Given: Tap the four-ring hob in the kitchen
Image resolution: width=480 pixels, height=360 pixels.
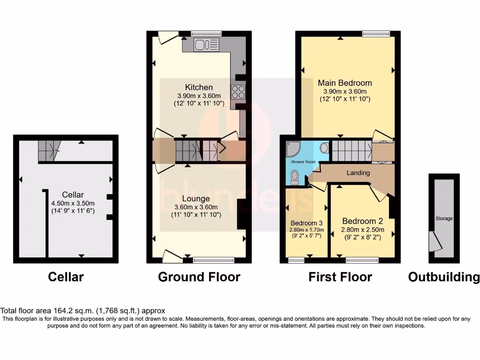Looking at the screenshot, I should click(238, 92).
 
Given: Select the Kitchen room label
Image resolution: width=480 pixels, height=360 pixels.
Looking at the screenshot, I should click(199, 87).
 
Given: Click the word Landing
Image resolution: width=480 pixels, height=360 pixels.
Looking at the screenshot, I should click(358, 173).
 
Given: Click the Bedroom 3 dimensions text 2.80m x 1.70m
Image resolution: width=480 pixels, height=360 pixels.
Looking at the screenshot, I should click(307, 230).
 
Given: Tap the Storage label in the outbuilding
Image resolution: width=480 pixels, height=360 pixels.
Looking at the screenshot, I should click(444, 218).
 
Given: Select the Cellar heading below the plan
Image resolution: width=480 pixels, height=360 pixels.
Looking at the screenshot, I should click(66, 277).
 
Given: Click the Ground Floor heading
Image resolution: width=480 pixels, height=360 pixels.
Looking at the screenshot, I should click(199, 277).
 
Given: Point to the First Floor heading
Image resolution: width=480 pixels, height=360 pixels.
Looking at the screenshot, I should click(340, 277).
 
